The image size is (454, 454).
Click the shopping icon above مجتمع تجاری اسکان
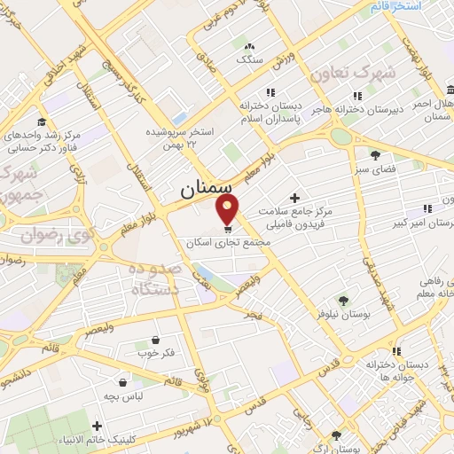click(x=217, y=228)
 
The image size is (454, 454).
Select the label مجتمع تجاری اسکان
click(x=218, y=241)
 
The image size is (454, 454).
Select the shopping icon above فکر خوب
click(x=155, y=340)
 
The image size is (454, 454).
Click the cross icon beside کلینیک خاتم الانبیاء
click(x=97, y=427)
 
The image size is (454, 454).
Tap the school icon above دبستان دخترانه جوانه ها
click(x=395, y=351)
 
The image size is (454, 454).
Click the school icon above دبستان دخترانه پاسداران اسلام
click(x=270, y=92)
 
